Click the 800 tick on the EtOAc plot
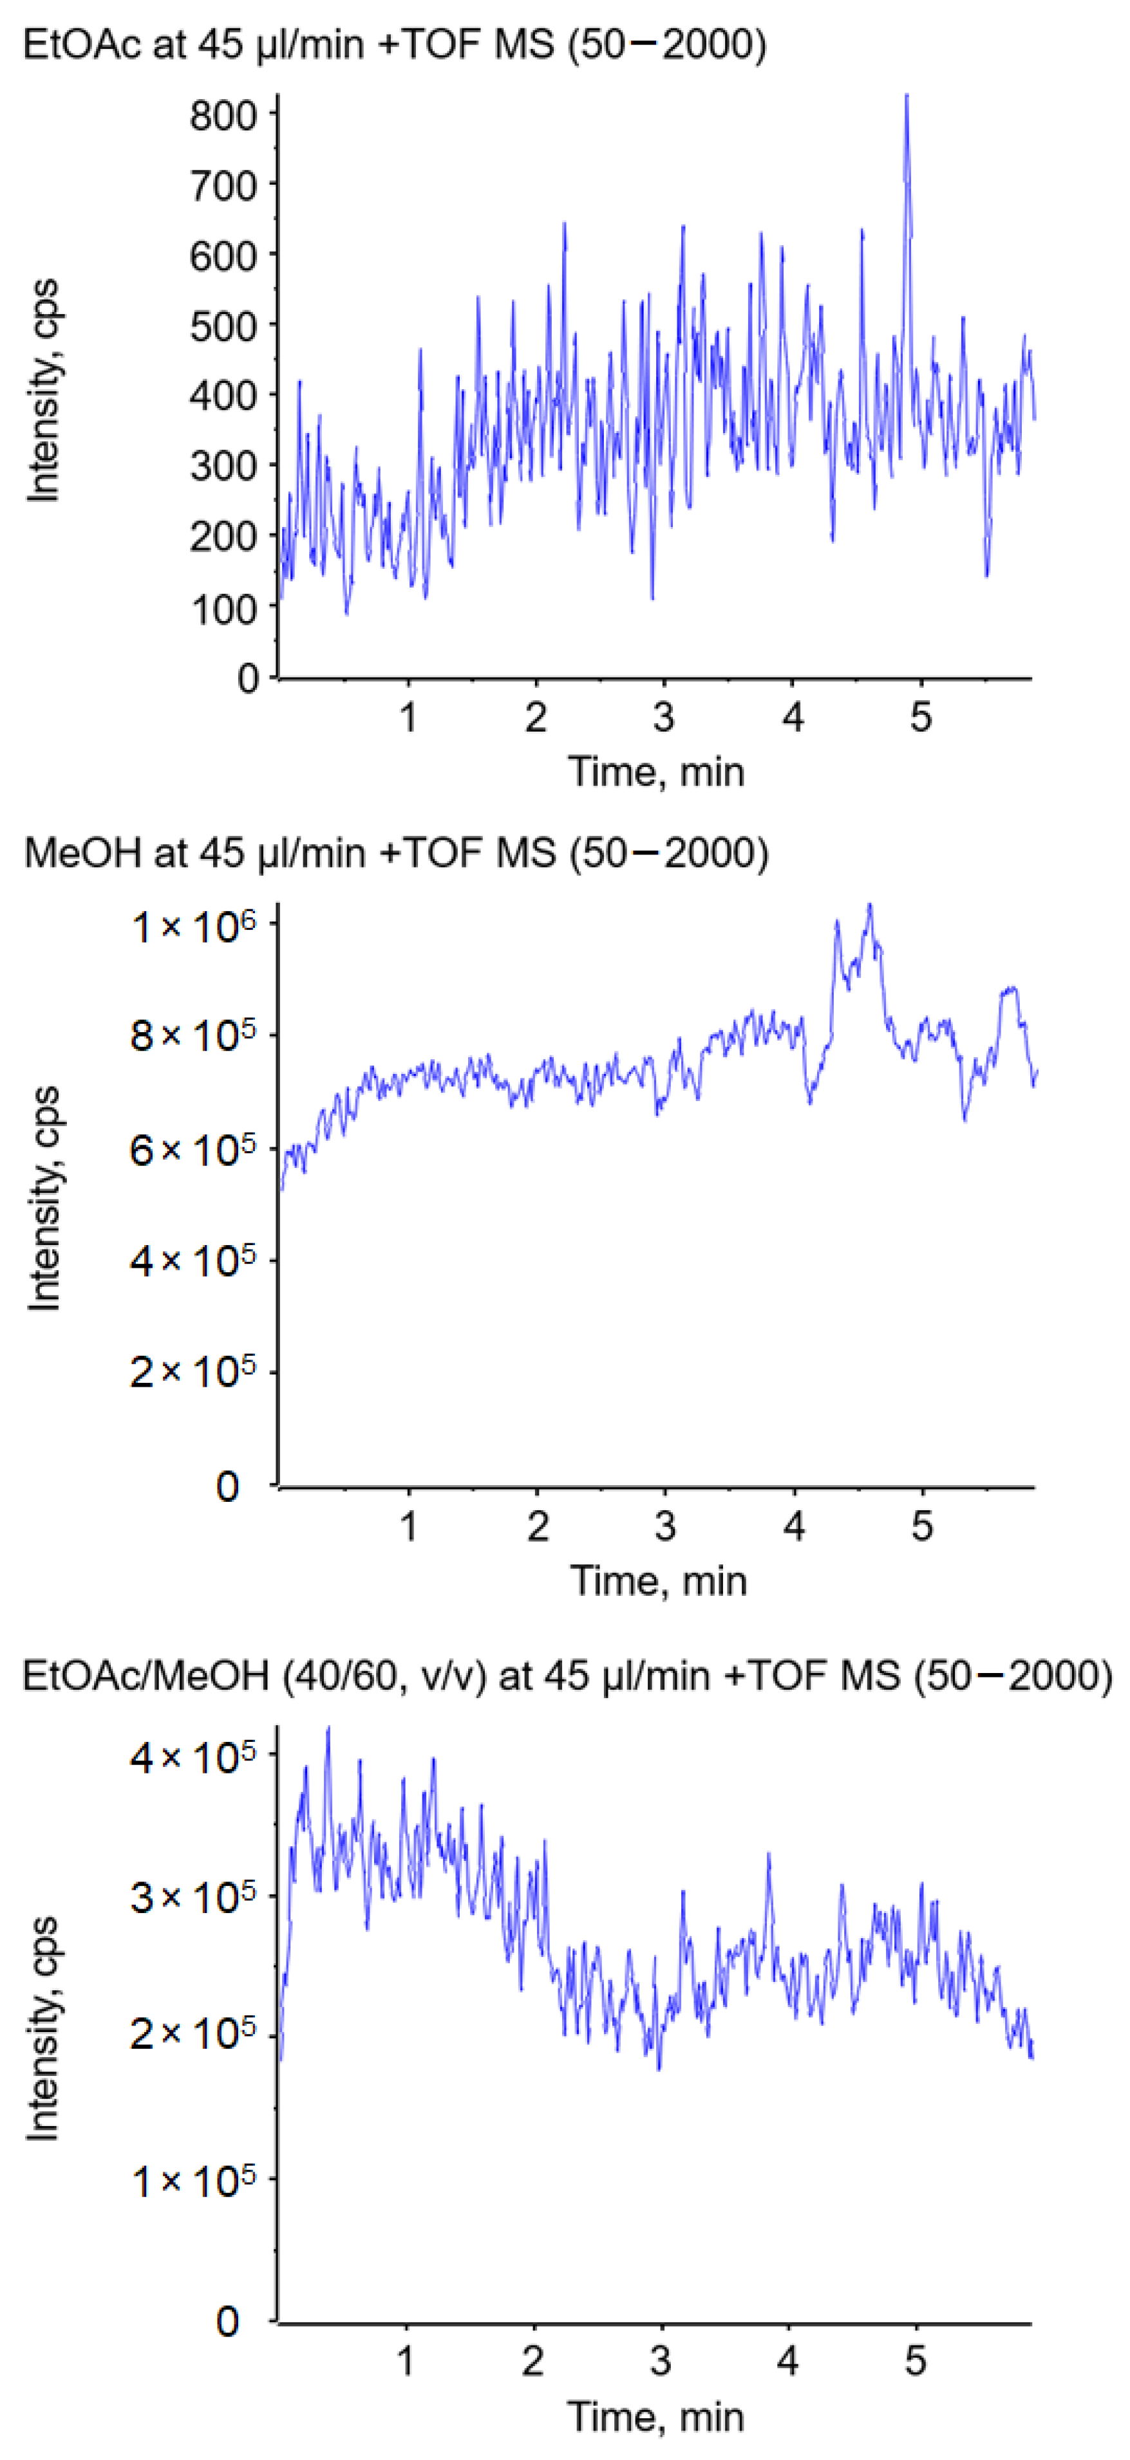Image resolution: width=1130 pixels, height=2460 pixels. [x=223, y=116]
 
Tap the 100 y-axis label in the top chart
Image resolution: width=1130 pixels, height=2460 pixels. [x=223, y=609]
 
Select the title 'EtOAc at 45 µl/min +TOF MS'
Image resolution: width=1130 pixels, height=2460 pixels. [x=287, y=45]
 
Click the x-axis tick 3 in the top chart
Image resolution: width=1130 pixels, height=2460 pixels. [x=664, y=716]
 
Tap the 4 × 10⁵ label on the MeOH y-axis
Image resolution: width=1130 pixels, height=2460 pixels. [x=193, y=1261]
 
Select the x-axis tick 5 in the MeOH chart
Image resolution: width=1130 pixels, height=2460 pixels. [x=921, y=1526]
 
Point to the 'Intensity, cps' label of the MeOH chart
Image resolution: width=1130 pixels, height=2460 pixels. [x=43, y=1199]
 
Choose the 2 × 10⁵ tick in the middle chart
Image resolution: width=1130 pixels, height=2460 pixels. [x=193, y=1373]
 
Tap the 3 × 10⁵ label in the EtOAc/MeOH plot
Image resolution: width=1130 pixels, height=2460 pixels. [x=193, y=1896]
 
